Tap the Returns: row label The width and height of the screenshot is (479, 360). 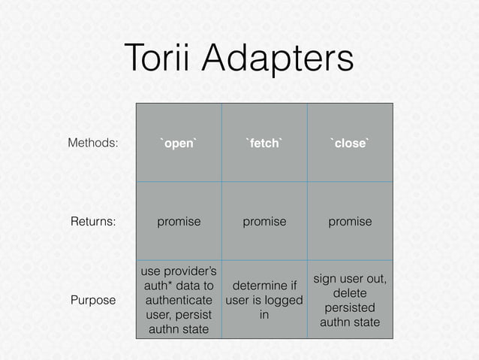[x=93, y=222]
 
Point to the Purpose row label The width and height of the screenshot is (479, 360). [x=93, y=300]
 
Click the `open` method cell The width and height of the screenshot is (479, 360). [x=179, y=143]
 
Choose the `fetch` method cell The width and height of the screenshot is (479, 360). [x=264, y=143]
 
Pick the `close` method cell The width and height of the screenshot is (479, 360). [x=350, y=143]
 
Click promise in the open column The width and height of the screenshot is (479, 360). [x=179, y=222]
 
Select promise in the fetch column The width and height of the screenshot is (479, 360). [x=264, y=222]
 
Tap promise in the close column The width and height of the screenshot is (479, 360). [x=350, y=222]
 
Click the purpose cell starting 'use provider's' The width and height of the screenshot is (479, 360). [x=179, y=300]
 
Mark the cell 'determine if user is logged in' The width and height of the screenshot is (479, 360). [x=264, y=300]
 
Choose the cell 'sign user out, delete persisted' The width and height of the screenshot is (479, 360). [x=350, y=300]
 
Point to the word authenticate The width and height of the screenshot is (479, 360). [x=179, y=300]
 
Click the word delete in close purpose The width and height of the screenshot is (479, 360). [x=350, y=293]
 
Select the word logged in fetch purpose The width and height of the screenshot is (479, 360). [x=285, y=301]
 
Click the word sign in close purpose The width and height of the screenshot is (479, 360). [x=326, y=279]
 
